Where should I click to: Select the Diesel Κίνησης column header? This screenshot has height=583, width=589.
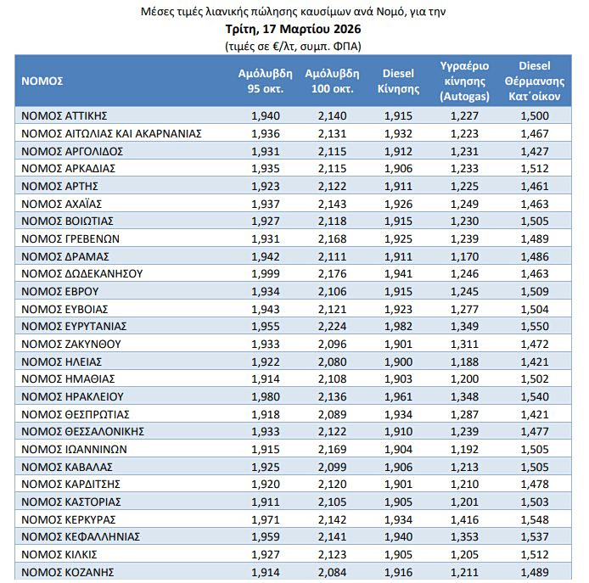click(x=398, y=81)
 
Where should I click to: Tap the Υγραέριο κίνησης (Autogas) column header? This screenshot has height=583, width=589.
click(x=463, y=81)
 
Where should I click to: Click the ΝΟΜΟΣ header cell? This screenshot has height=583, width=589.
click(x=43, y=81)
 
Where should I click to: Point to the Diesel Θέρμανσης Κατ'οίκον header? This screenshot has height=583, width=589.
click(x=534, y=81)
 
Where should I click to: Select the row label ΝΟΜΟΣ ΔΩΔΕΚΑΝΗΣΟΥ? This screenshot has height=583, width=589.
click(x=81, y=273)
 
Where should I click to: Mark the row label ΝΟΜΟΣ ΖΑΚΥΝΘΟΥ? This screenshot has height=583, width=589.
click(x=71, y=343)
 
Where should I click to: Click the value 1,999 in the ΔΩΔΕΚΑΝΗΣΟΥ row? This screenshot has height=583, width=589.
click(x=266, y=273)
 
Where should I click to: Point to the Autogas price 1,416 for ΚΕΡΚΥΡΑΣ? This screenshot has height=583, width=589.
click(x=463, y=519)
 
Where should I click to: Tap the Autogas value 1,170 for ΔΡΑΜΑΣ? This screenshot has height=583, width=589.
click(x=463, y=255)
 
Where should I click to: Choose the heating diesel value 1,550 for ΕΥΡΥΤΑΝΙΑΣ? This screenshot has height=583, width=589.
click(x=534, y=326)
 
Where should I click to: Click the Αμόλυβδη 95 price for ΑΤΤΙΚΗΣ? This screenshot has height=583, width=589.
click(x=266, y=115)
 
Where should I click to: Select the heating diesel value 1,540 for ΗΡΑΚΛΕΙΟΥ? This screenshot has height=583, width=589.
click(x=534, y=395)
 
